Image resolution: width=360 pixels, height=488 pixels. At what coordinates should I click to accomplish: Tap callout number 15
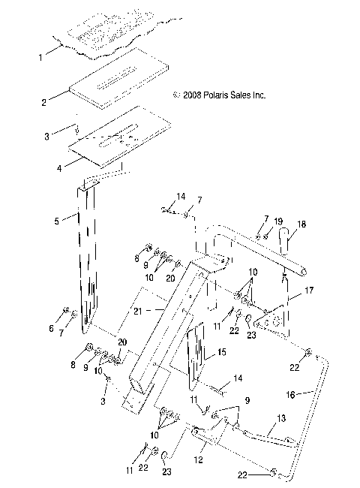click(x=220, y=351)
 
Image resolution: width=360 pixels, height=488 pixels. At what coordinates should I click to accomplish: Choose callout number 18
click(x=301, y=224)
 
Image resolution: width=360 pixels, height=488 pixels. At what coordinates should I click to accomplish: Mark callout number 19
click(x=277, y=221)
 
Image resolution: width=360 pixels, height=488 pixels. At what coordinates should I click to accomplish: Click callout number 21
click(x=157, y=309)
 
